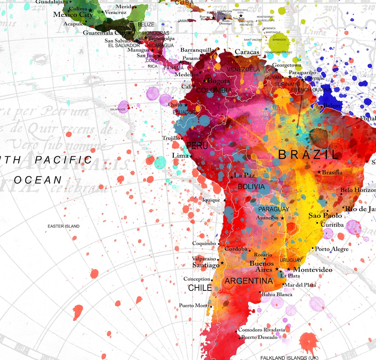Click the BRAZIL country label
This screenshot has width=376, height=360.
[308, 155]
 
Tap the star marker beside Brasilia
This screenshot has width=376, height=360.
[319, 172]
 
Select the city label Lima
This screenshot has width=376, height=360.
[180, 155]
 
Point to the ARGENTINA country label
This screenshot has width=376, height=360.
[249, 281]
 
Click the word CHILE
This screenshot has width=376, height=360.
[200, 288]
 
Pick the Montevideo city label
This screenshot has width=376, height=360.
[312, 270]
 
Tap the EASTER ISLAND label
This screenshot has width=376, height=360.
[63, 226]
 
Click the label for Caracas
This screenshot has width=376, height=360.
[247, 52]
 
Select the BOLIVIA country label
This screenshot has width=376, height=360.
[251, 187]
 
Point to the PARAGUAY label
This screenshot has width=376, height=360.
[273, 209]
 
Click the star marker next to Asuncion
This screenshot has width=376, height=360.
[282, 218]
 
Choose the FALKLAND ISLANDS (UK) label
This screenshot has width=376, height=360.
[289, 358]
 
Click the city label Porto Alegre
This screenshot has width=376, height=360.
[331, 249]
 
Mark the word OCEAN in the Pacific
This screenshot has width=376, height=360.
[38, 180]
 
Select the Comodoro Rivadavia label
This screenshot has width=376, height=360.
[262, 330]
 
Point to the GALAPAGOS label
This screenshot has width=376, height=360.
[118, 109]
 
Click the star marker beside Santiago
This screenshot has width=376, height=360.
[222, 263]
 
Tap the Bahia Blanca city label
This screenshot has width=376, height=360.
[277, 294]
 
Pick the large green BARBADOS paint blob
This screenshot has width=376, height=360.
[279, 42]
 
